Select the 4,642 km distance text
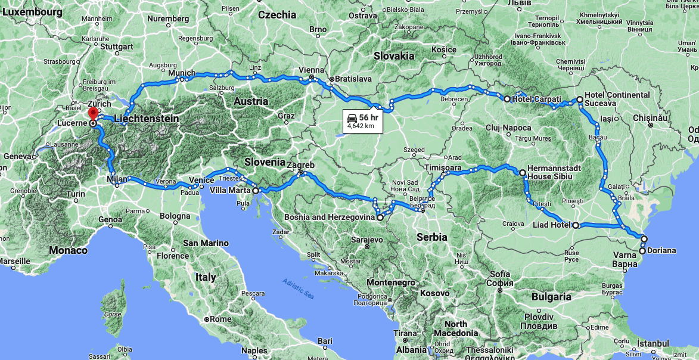click(x=361, y=126)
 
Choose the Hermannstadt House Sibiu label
click(x=554, y=173)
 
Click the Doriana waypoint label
click(x=661, y=250)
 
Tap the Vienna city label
click(x=312, y=70)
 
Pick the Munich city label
click(x=182, y=73)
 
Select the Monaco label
click(x=68, y=250)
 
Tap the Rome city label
click(x=220, y=319)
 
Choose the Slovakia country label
click(x=394, y=56)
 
